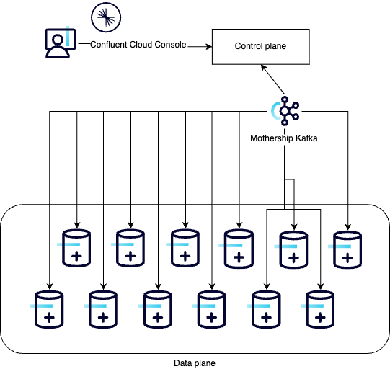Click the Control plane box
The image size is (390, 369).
coord(261,47)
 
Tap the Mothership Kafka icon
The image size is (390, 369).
coord(285,111)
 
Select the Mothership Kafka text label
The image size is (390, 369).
coord(284,138)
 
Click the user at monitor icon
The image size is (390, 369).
coord(61,43)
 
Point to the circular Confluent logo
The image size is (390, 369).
coord(106,17)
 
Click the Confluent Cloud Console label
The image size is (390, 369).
coord(138,45)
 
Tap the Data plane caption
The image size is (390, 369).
coord(195,363)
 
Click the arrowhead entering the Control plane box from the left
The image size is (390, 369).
coord(208,47)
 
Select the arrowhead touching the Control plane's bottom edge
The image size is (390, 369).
coord(263,67)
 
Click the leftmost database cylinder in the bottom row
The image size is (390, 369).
coord(49,309)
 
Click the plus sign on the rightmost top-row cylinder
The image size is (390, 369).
coord(347,258)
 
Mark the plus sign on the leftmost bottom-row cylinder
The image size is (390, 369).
coord(49,318)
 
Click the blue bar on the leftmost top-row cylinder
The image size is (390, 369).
coord(68,244)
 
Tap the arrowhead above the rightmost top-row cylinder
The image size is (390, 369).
coord(347,227)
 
